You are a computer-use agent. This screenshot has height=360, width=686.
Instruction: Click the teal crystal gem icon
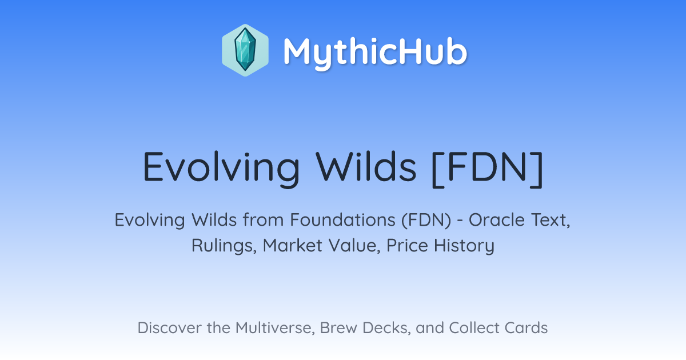(x=245, y=50)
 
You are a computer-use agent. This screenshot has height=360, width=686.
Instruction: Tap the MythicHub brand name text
(x=375, y=51)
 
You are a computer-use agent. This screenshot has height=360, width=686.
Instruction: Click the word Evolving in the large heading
(x=221, y=168)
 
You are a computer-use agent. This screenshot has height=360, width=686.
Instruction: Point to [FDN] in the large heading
(x=487, y=169)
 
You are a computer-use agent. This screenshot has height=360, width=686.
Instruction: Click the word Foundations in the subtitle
(x=342, y=220)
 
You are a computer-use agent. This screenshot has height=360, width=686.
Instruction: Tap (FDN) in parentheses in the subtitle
(x=426, y=220)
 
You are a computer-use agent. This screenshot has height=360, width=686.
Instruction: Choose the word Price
(x=407, y=246)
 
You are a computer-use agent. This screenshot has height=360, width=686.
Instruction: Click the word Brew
(x=338, y=328)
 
